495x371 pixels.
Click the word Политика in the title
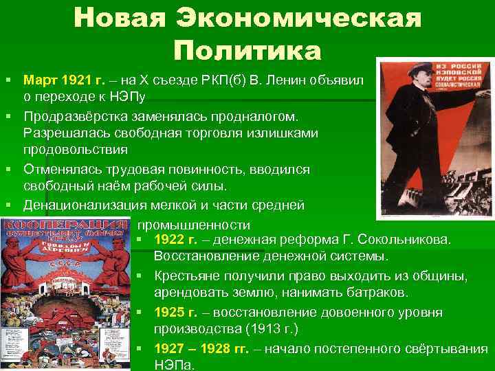[247, 50]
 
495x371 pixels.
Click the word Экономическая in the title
[298, 19]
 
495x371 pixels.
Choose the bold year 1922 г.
[176, 240]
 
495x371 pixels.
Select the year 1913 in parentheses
[267, 329]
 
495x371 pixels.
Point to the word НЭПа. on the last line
[175, 365]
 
